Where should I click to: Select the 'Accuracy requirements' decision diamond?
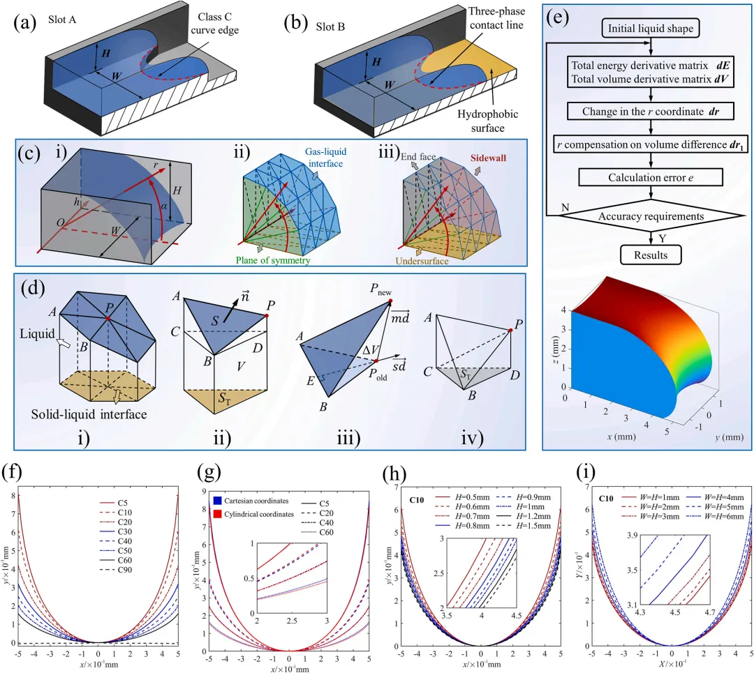651,216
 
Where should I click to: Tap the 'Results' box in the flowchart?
651,255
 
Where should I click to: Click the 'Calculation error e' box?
651,178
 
